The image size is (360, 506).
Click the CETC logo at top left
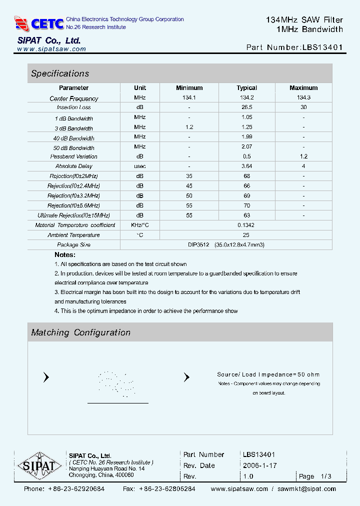(x=39, y=23)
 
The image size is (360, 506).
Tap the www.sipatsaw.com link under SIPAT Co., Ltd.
(x=51, y=49)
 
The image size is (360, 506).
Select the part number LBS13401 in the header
(x=322, y=48)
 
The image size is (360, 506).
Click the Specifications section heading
(x=60, y=73)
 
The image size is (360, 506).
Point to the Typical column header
(x=246, y=88)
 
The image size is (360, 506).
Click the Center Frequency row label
(x=74, y=98)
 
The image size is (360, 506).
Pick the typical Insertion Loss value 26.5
(x=246, y=107)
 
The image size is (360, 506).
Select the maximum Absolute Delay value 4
(x=303, y=166)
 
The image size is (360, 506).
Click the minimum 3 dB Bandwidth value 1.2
(x=189, y=127)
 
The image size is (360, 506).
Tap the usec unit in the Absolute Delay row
(x=140, y=166)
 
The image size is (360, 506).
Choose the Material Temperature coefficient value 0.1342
(x=246, y=225)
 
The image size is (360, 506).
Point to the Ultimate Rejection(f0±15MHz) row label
(x=74, y=215)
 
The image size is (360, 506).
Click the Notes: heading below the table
(x=65, y=255)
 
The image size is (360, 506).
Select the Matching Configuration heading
(x=80, y=332)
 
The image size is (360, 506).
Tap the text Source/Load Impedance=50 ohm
(x=268, y=374)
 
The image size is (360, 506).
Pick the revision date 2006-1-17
(x=259, y=465)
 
